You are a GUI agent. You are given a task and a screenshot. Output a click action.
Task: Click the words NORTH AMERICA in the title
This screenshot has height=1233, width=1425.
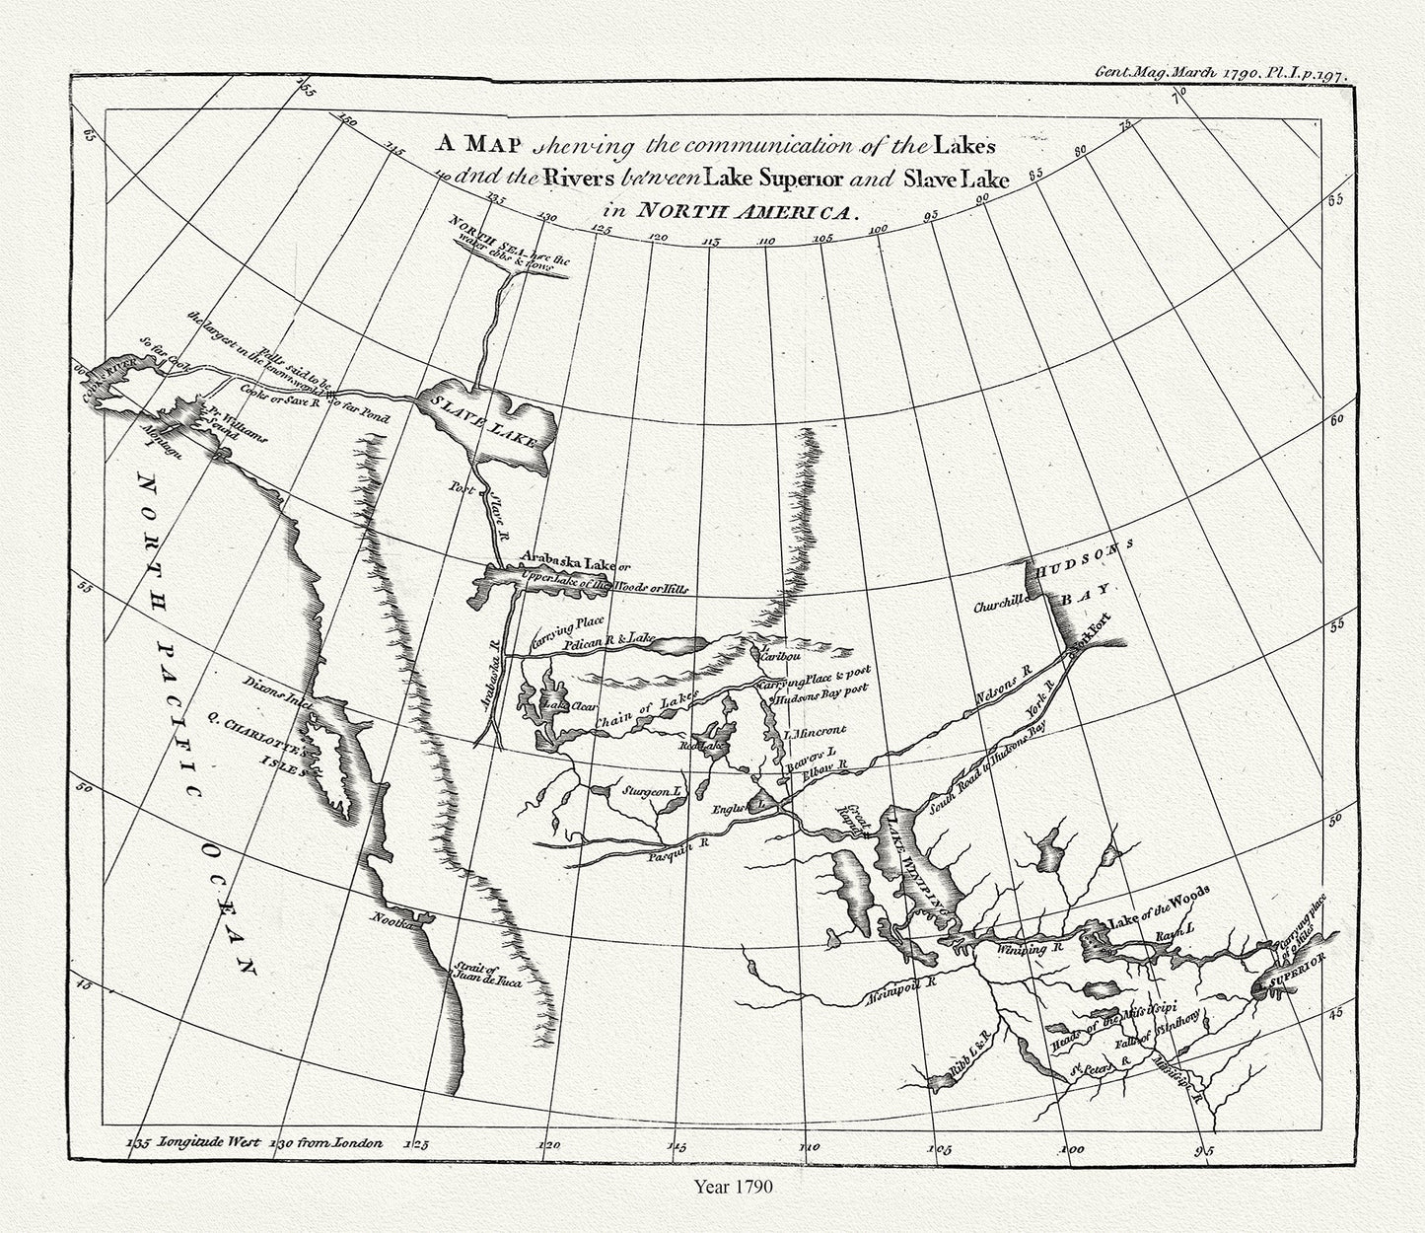[748, 210]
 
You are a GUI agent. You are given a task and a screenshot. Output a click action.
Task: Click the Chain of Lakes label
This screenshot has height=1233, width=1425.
[645, 711]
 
